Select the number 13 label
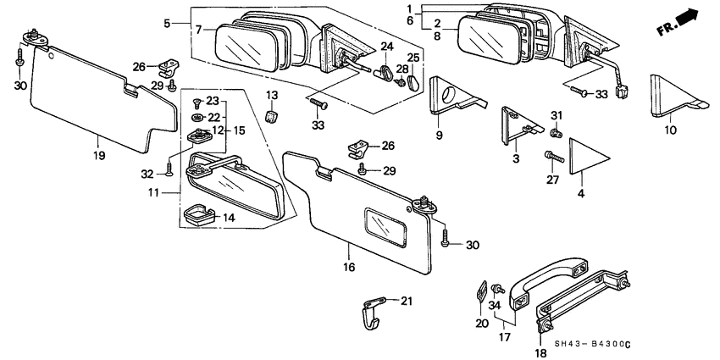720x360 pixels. [x=272, y=94]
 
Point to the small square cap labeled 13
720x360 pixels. [x=272, y=114]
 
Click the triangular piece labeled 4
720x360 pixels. [x=589, y=158]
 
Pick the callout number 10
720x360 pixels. [x=669, y=131]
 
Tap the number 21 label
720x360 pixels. [x=406, y=301]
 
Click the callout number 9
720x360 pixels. [x=440, y=135]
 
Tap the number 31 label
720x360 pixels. [x=556, y=116]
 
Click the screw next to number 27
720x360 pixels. [x=556, y=158]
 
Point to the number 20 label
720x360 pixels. [x=482, y=323]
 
